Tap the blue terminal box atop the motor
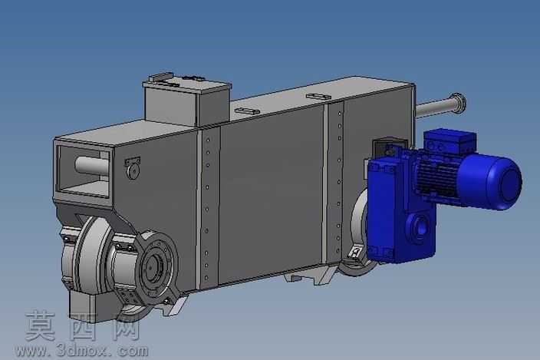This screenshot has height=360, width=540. (x=450, y=141)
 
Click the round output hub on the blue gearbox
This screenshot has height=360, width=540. (x=420, y=227)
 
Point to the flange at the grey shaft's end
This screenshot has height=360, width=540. (x=459, y=103)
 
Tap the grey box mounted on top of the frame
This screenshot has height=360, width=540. (x=187, y=101)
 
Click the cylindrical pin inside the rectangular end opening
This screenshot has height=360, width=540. (x=91, y=166)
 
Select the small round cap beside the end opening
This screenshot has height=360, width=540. (x=133, y=171)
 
